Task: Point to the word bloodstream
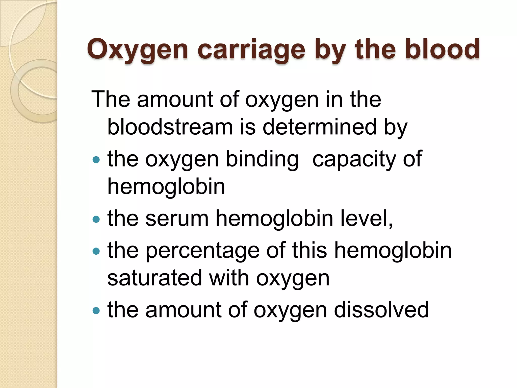(x=170, y=127)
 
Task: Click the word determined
(x=320, y=127)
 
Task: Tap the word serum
(x=177, y=219)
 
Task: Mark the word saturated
(x=155, y=278)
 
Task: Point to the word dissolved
(x=381, y=310)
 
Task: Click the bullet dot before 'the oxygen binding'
(x=96, y=160)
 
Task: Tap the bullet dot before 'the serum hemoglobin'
(x=96, y=219)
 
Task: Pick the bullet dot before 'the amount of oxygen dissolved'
(x=96, y=310)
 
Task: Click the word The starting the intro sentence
(x=111, y=99)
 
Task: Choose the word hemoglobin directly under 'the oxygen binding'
(x=166, y=187)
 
